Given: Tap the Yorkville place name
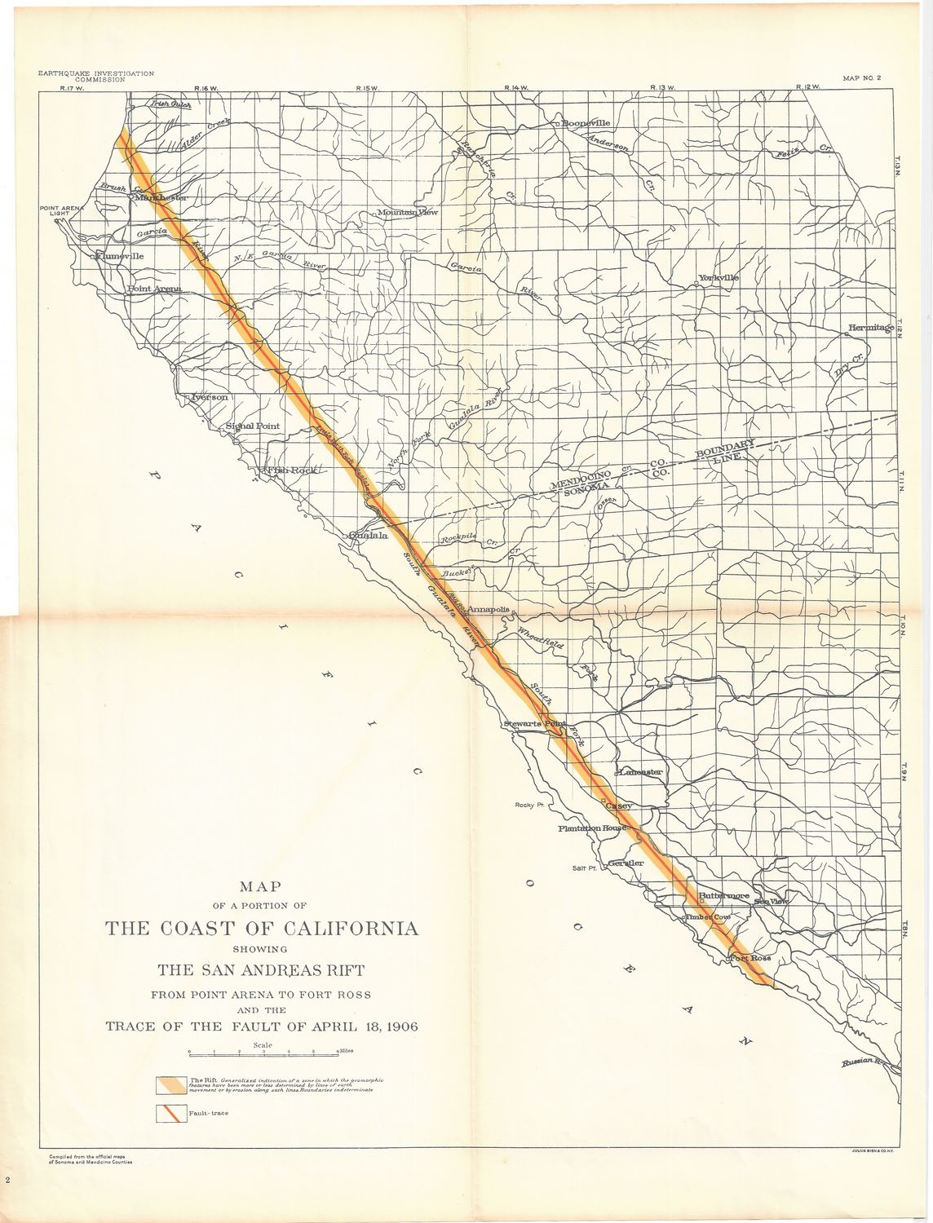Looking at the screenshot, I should pos(718,278).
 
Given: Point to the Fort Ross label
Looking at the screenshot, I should pos(749,958).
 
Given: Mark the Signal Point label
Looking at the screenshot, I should pos(252,426).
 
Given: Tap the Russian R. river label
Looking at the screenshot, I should pos(863,1062).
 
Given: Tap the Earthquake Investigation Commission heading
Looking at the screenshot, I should pos(96,77).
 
